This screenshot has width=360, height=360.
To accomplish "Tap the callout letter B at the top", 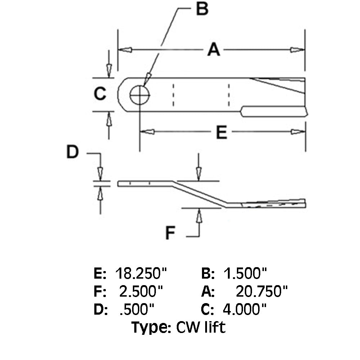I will [202, 9].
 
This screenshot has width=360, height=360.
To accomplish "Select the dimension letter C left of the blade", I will [100, 94].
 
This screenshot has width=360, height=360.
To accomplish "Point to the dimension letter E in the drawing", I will [221, 133].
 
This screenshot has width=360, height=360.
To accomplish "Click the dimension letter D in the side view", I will [72, 153].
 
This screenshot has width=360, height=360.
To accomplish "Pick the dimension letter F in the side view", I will [170, 234].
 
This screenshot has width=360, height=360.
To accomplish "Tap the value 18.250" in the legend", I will [141, 274].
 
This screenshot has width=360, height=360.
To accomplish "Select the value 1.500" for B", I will [245, 274].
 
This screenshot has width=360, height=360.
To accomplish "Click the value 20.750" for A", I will [262, 291].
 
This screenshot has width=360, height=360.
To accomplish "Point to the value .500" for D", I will [137, 309].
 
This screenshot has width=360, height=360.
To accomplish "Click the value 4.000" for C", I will [245, 309].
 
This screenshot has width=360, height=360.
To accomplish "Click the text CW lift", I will [201, 327].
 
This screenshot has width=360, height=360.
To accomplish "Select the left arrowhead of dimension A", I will [125, 50].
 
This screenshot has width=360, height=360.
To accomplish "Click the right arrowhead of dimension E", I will [297, 132].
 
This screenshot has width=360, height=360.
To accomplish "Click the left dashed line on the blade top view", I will [173, 95].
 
